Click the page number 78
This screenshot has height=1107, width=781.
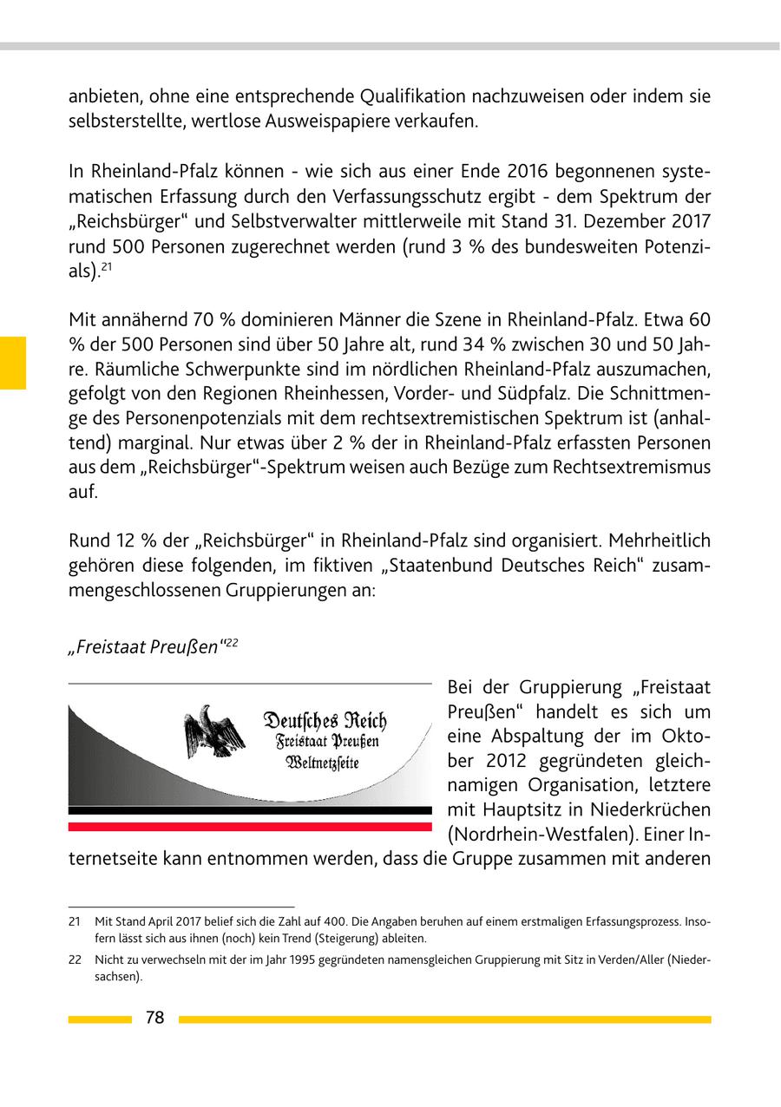(x=154, y=1019)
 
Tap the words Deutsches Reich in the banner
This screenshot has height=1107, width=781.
(x=325, y=721)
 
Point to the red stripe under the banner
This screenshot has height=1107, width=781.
(x=250, y=827)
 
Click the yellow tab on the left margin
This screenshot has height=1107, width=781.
(x=13, y=362)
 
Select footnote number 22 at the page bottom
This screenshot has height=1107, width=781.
(x=75, y=960)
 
